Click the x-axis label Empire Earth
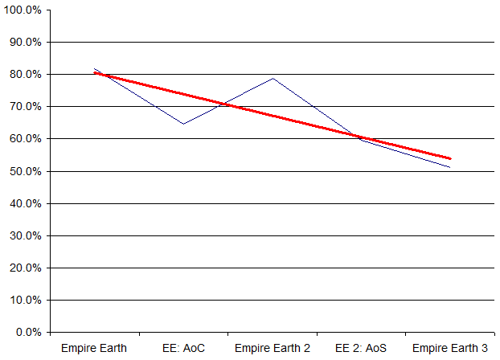(x=94, y=348)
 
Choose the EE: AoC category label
(x=183, y=348)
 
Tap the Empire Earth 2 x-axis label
(x=273, y=348)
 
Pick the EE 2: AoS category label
(x=361, y=348)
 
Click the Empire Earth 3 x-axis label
(x=450, y=348)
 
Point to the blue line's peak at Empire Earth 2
(x=273, y=78)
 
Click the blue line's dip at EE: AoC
(x=183, y=124)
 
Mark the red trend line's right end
(x=450, y=158)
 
